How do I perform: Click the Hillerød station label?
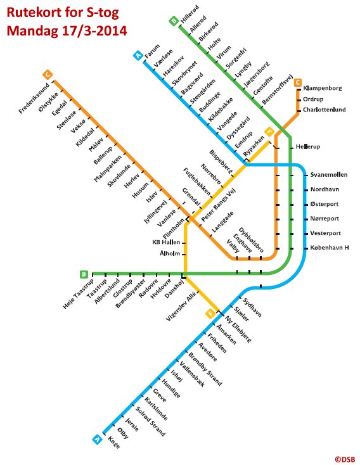click(x=190, y=14)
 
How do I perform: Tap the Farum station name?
click(x=152, y=51)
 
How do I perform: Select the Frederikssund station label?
click(x=34, y=98)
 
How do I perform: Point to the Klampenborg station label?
click(x=323, y=88)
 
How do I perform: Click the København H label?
click(x=330, y=247)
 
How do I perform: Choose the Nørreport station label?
click(x=325, y=219)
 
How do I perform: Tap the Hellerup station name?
click(x=308, y=146)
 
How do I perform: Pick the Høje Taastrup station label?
click(x=79, y=294)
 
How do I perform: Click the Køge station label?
click(x=114, y=442)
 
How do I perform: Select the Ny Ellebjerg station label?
click(x=238, y=329)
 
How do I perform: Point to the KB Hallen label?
click(x=166, y=242)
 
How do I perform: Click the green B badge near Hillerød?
click(x=174, y=21)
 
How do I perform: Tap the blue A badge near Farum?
click(x=138, y=56)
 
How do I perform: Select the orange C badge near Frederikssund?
click(x=48, y=74)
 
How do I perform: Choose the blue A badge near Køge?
click(x=97, y=439)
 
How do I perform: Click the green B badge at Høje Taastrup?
click(x=84, y=274)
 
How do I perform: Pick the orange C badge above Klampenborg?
click(x=298, y=83)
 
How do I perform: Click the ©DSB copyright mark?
click(x=345, y=459)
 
